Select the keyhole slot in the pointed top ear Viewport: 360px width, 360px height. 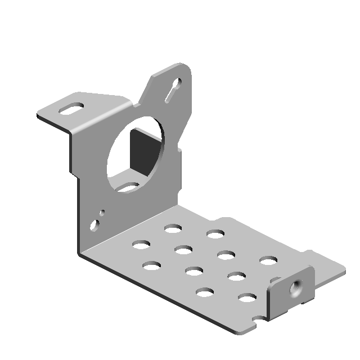pyautogui.click(x=174, y=90)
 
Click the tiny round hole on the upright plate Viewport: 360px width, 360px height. pyautogui.click(x=102, y=213)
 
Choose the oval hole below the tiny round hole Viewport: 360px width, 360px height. pyautogui.click(x=97, y=226)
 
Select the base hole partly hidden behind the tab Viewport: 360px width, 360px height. pyautogui.click(x=275, y=280)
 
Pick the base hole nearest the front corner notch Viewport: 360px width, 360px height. pyautogui.click(x=247, y=297)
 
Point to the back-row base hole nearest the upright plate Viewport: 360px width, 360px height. pyautogui.click(x=173, y=228)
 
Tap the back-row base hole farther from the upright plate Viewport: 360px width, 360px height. pyautogui.click(x=215, y=233)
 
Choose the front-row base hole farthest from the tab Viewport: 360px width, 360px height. pyautogui.click(x=151, y=265)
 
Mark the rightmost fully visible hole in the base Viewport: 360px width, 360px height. pyautogui.click(x=268, y=260)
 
